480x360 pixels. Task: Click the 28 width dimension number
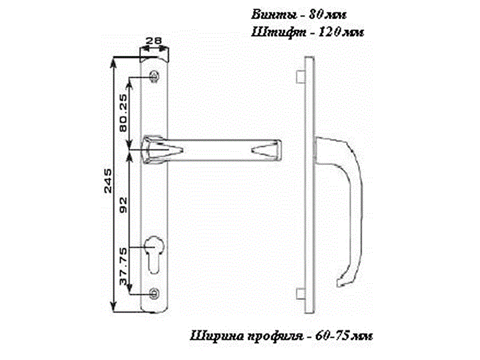(x=154, y=41)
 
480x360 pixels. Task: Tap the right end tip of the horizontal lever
(x=278, y=148)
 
